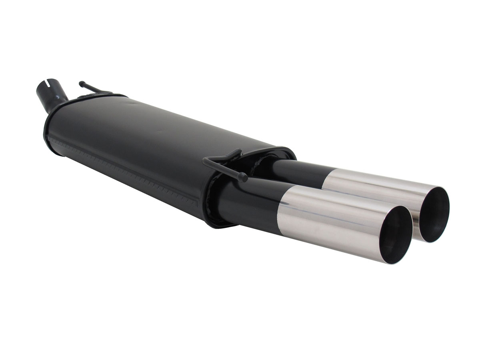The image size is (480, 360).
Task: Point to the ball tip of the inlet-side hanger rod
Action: tap(81, 83)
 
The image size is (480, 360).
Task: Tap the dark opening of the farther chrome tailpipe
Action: tap(434, 214)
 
